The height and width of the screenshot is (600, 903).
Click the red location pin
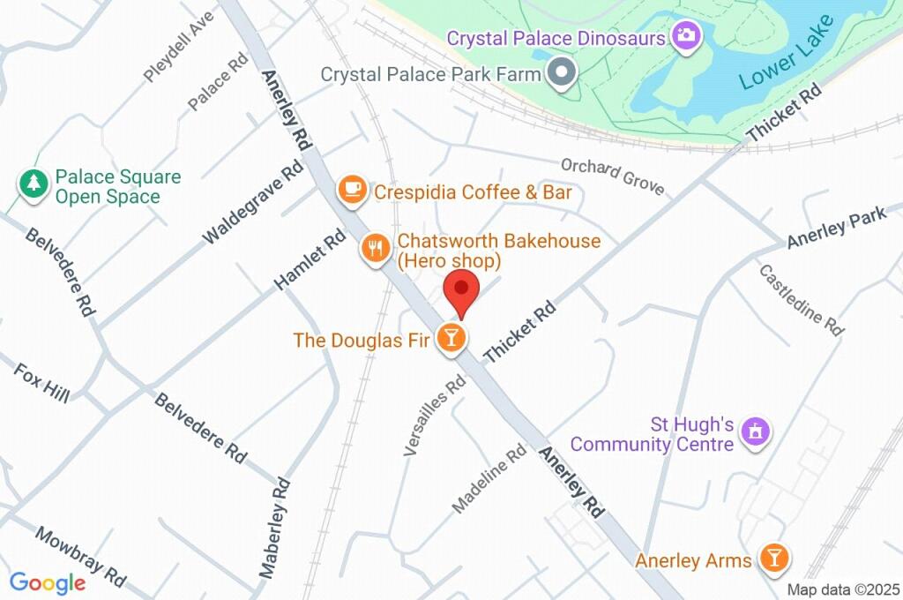(x=460, y=292)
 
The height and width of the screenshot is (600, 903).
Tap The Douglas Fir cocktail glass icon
(x=451, y=339)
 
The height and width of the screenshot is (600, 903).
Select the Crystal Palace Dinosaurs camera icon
(x=684, y=37)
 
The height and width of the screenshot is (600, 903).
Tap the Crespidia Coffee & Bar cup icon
(x=353, y=190)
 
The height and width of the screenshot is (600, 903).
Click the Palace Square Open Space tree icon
(x=34, y=184)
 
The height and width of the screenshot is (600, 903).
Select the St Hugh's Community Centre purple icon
(x=755, y=433)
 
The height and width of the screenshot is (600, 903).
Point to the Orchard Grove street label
(x=612, y=177)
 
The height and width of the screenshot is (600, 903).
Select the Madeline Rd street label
(x=489, y=483)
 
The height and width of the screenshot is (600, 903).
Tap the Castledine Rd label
(x=801, y=299)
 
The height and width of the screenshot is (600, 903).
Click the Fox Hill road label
(x=41, y=382)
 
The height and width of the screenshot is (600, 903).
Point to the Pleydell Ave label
(x=180, y=47)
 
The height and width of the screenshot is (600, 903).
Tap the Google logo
(x=48, y=582)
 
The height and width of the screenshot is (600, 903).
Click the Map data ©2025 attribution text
(x=843, y=589)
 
